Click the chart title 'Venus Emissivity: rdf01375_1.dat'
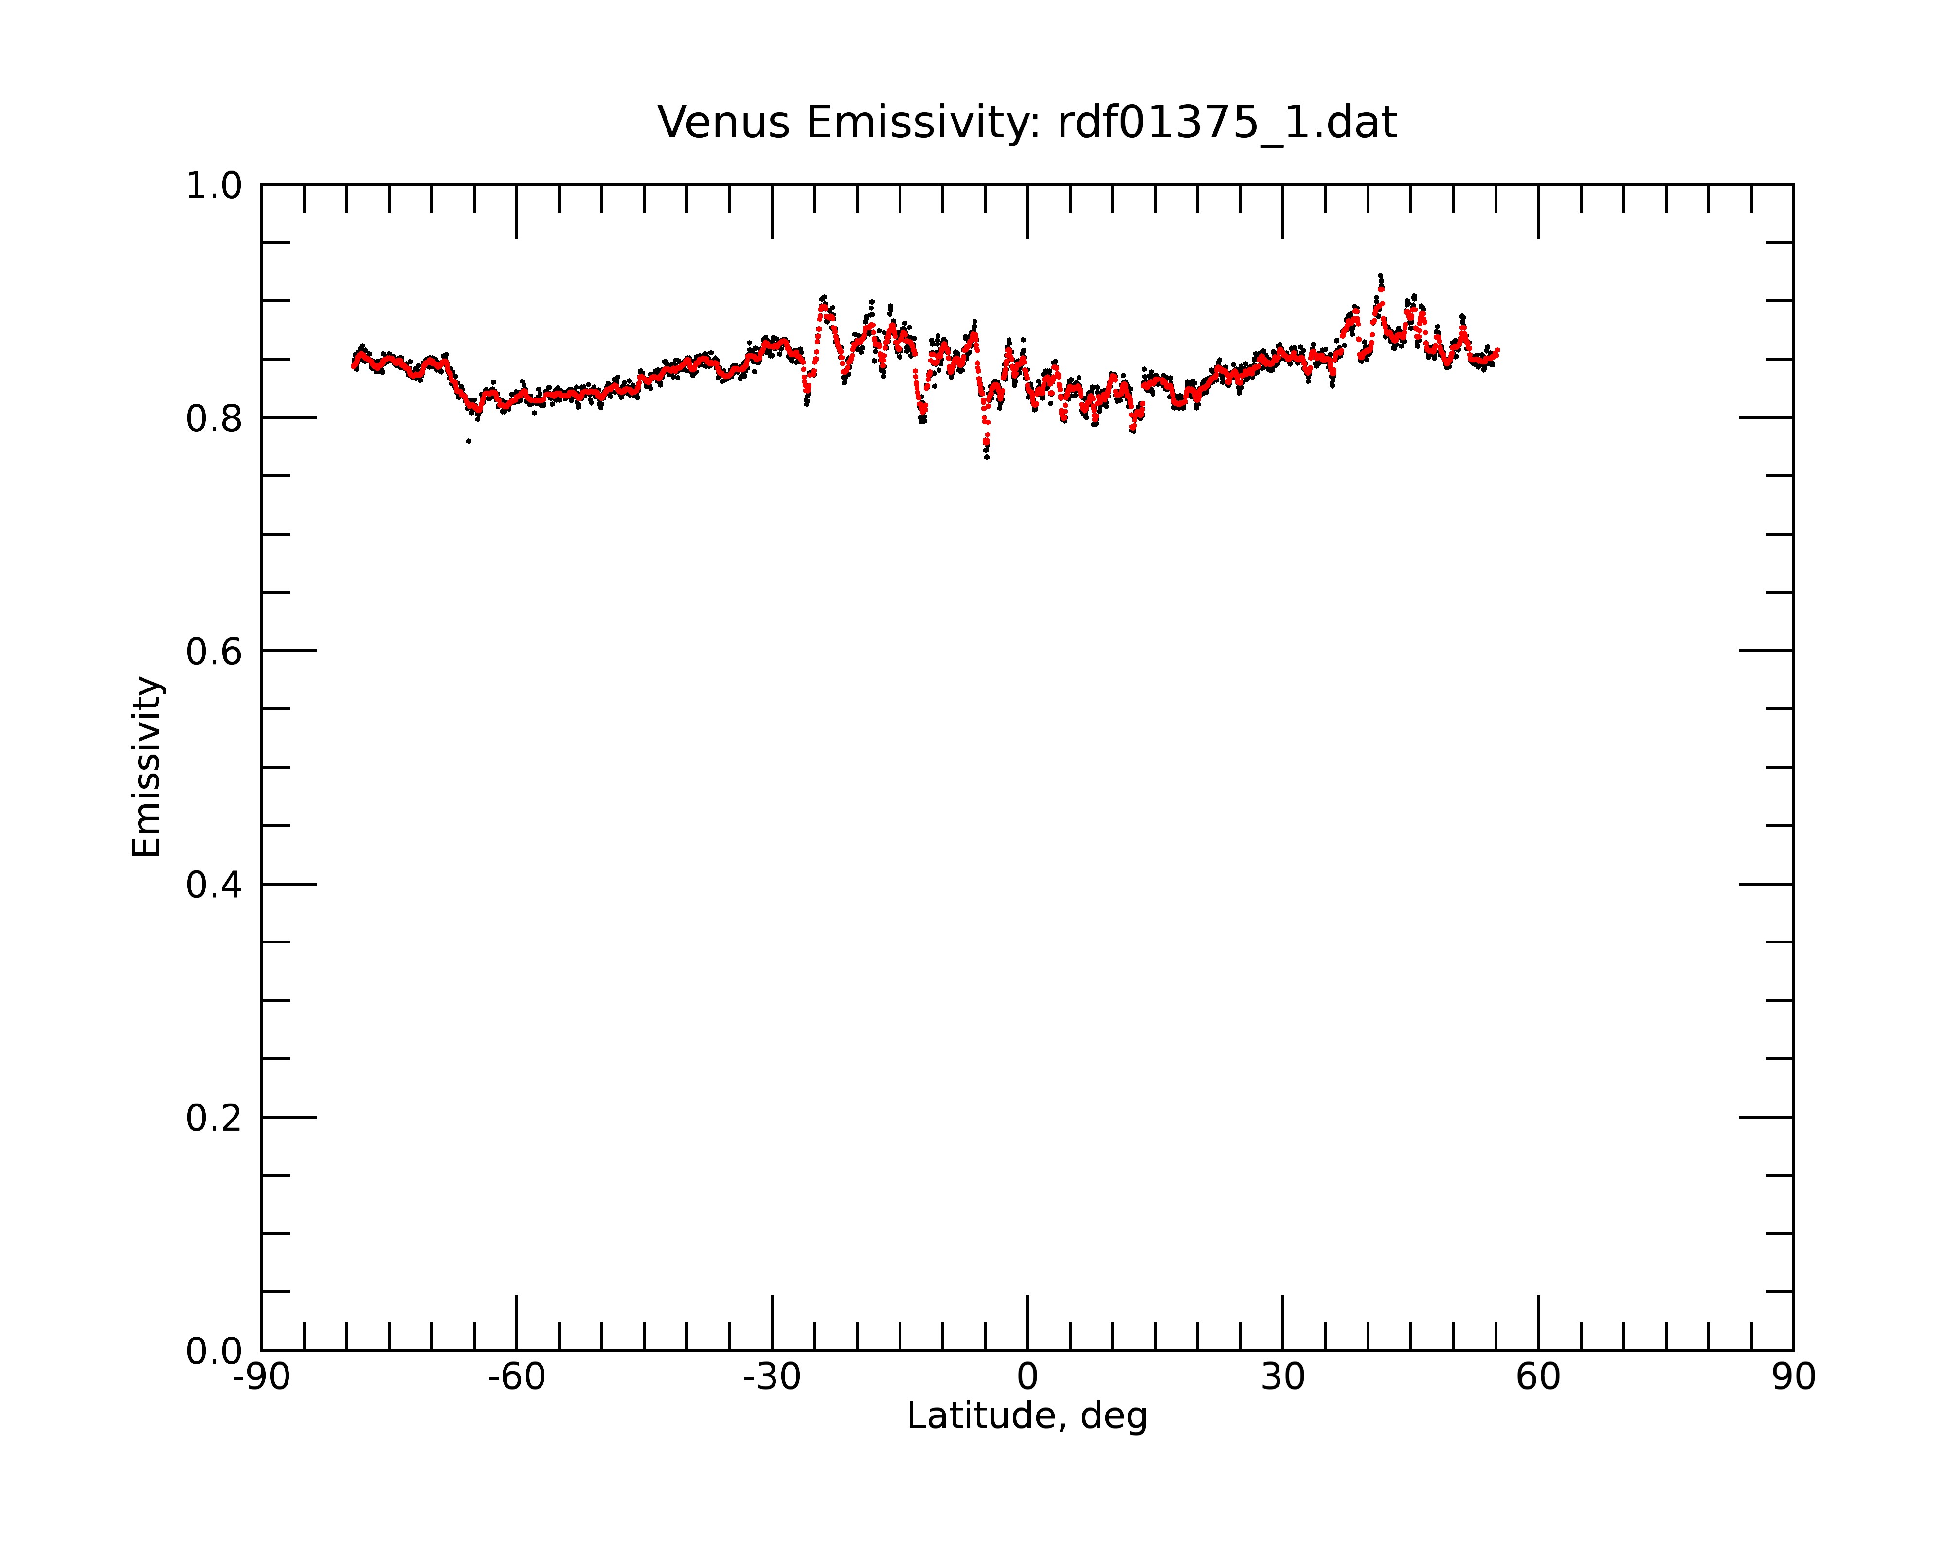pos(1027,123)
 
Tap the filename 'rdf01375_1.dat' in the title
pos(1227,123)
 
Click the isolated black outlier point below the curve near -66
pos(468,441)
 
